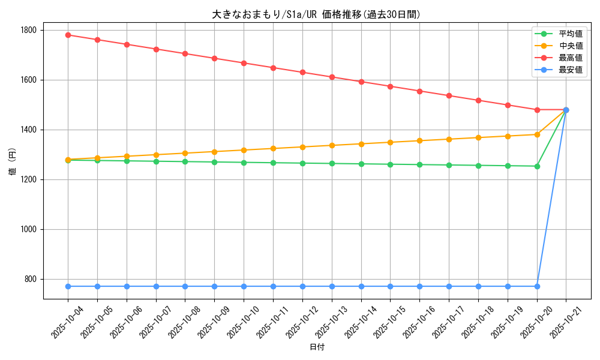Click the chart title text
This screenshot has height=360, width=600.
pos(316,14)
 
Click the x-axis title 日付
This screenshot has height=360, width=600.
pos(317,347)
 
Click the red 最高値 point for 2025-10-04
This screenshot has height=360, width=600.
pos(68,35)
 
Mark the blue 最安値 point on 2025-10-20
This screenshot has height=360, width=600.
pos(537,286)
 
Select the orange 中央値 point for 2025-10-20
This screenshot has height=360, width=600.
pos(537,134)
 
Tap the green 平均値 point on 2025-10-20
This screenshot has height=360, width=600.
pos(537,166)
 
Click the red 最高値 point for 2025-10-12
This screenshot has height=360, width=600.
pos(302,72)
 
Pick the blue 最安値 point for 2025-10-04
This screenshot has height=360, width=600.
pos(68,286)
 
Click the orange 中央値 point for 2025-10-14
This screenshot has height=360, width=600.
pos(361,144)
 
